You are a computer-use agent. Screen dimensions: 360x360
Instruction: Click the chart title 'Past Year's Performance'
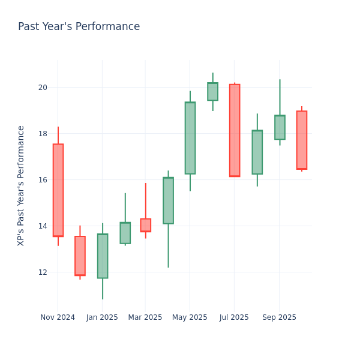[79, 27]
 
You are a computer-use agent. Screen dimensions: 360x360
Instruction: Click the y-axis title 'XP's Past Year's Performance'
[22, 185]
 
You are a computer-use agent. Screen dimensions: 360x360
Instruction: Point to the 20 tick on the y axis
[43, 88]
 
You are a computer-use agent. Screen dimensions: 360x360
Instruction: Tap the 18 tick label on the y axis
[43, 134]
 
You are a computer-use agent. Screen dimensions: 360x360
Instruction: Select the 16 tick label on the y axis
[43, 180]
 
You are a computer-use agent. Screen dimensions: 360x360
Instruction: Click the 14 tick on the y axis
[43, 226]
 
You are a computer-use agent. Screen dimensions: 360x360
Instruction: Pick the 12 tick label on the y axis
[43, 272]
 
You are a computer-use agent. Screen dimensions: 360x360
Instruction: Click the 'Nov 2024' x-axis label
[58, 317]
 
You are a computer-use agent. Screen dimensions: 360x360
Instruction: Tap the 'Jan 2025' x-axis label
[102, 317]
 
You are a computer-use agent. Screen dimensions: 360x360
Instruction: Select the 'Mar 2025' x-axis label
[145, 317]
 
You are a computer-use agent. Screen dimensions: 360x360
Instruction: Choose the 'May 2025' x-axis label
[190, 317]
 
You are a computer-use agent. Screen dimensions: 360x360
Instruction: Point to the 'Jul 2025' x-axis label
[235, 317]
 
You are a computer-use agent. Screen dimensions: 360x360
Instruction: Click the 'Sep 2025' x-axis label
[279, 317]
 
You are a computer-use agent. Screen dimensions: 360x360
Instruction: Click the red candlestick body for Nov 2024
[58, 190]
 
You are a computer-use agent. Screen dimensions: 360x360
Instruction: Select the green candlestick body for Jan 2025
[103, 256]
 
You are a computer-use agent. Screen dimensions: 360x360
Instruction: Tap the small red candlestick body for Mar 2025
[146, 225]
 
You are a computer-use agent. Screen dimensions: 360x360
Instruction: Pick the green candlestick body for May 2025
[190, 138]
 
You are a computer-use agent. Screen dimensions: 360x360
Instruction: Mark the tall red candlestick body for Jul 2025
[235, 130]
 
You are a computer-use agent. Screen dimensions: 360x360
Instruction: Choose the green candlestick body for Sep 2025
[280, 127]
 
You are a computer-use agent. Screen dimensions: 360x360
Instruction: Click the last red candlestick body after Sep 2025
[302, 140]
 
